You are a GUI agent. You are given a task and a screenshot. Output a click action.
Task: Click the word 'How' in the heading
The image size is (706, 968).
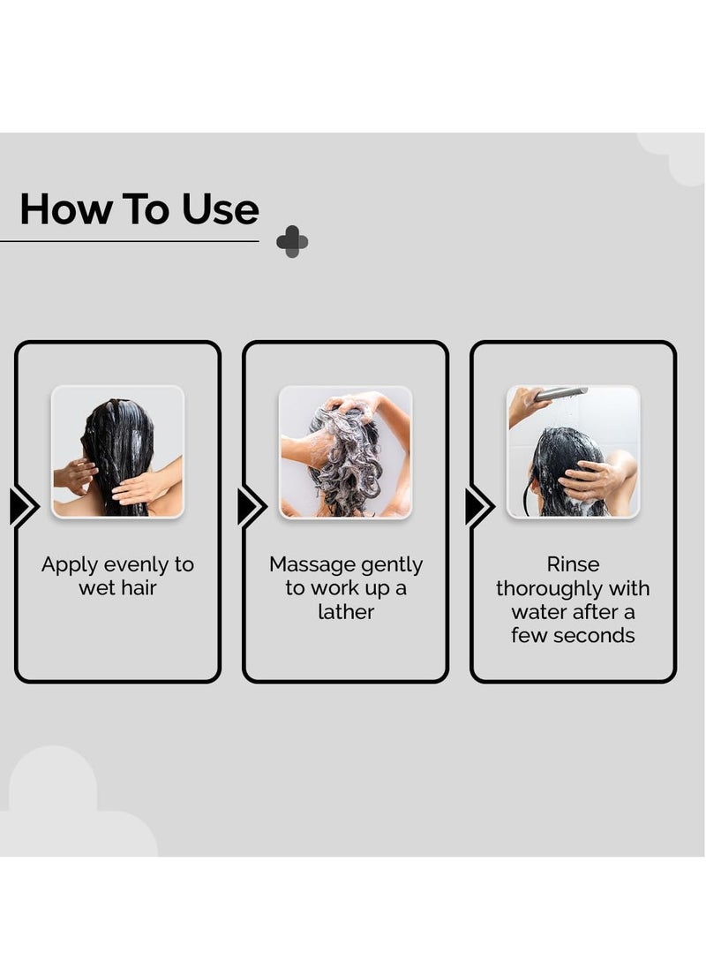point(66,208)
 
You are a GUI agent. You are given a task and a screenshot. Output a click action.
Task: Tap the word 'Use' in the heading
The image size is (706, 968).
point(221,208)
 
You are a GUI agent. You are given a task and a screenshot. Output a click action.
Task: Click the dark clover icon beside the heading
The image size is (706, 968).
point(292,241)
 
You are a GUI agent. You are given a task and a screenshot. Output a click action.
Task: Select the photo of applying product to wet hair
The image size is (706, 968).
point(117,452)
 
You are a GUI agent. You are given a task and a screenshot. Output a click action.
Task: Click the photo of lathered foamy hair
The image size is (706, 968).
point(345,452)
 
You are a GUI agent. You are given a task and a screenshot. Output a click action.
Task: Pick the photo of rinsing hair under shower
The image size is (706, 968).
point(573,452)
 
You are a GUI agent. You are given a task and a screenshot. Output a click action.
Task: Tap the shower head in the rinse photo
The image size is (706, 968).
point(560,393)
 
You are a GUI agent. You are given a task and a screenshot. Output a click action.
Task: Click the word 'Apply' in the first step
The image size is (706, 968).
point(70,565)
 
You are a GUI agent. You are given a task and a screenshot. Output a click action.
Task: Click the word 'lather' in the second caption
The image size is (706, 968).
point(346,612)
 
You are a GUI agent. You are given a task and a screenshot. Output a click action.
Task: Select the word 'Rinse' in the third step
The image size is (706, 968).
point(573,564)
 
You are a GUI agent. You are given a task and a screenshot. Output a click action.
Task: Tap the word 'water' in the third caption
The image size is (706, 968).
point(535,612)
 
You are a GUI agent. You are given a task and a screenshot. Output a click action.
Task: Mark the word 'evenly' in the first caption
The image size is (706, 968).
point(136,565)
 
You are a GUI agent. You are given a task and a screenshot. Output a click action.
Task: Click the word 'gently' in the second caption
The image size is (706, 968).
point(392,565)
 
